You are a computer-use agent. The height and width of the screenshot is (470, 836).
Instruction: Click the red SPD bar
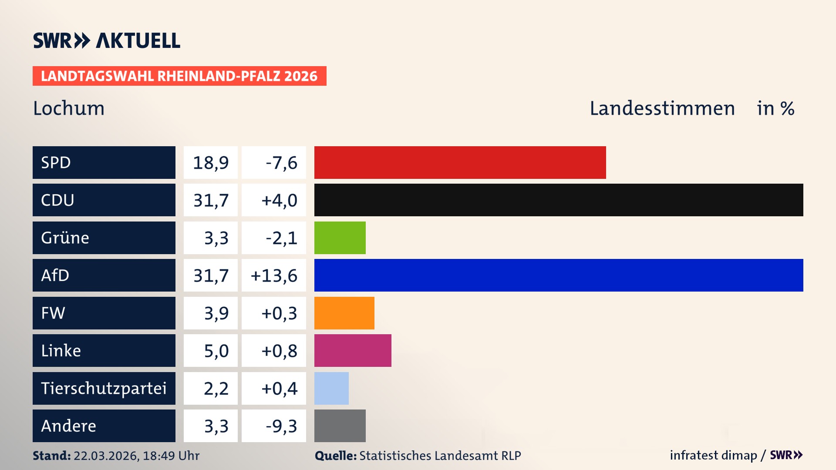(460, 162)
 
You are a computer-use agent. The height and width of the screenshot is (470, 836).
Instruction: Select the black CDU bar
(559, 200)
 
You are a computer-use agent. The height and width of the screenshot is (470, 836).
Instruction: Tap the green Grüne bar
(340, 238)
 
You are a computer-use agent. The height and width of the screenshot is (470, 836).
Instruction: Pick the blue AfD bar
(559, 275)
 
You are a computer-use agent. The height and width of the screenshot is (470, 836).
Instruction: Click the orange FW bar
(344, 313)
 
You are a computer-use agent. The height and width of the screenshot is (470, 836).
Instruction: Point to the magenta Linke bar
(353, 350)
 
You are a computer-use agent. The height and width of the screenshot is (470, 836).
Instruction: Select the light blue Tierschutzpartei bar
(331, 388)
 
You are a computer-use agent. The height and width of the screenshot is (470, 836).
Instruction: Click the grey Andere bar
(340, 426)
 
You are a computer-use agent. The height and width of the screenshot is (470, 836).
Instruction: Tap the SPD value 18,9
(211, 163)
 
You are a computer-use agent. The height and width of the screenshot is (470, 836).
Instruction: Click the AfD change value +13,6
(274, 275)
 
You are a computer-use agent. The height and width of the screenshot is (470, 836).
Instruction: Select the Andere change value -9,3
(281, 426)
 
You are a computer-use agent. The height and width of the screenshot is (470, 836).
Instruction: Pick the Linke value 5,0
(216, 351)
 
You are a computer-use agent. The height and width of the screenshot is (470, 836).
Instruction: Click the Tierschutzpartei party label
(104, 388)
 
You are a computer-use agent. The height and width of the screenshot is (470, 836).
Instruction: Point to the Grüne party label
(65, 238)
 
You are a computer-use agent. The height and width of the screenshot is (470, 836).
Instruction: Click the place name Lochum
(69, 108)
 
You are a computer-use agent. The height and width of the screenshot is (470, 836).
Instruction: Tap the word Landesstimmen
(662, 108)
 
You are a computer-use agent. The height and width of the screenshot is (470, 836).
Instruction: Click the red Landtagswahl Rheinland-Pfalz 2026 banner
(179, 76)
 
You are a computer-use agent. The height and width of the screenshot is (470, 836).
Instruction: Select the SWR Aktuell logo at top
(107, 40)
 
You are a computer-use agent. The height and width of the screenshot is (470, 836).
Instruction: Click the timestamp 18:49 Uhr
(171, 456)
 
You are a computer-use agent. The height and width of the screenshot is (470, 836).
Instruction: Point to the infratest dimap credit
(713, 455)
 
